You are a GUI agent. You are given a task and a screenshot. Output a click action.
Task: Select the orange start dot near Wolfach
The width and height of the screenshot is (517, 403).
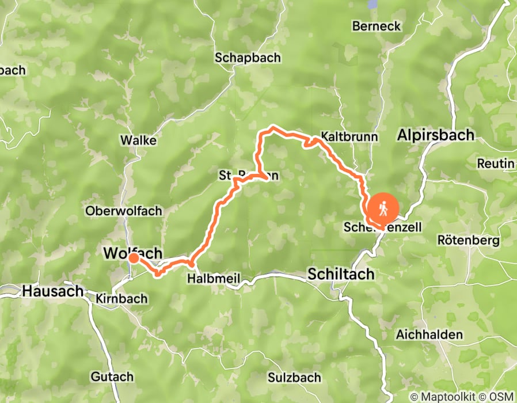click(x=134, y=258)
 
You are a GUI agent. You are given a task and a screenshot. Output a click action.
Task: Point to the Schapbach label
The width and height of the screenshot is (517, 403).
click(x=248, y=58)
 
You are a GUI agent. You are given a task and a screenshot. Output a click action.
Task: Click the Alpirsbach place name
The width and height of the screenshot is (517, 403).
click(x=436, y=135)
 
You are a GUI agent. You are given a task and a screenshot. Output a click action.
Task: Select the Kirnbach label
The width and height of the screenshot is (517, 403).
click(x=123, y=299)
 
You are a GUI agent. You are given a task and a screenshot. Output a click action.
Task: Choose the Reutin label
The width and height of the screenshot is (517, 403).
click(x=495, y=164)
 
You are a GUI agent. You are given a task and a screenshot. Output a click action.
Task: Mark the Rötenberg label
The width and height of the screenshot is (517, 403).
click(x=468, y=240)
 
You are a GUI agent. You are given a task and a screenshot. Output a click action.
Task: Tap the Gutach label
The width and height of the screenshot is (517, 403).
click(x=112, y=377)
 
